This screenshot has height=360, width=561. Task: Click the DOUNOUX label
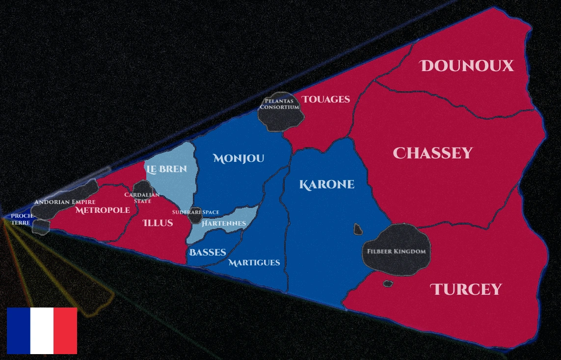point(467,66)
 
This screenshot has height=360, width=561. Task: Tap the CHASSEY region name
point(432,154)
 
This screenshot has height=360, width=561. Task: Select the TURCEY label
point(466,289)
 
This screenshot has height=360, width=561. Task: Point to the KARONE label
point(326,185)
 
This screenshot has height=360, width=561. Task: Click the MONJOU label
point(239,158)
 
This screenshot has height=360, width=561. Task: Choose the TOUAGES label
point(326,100)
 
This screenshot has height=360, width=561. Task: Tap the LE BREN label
point(166,169)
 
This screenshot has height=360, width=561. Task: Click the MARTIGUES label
point(254,263)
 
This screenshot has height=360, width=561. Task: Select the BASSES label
point(208,253)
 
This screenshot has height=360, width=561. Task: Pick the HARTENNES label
point(224,224)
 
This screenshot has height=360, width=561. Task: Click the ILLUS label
point(158,223)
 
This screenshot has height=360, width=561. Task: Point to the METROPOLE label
point(103,210)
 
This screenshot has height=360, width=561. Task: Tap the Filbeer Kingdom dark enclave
point(396,251)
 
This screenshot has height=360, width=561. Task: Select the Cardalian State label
point(142,198)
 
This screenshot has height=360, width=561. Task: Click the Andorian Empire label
point(64,202)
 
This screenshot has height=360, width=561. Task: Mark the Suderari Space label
point(195,212)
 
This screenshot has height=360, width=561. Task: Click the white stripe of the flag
point(42,331)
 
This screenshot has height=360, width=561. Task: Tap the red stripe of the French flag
point(65,331)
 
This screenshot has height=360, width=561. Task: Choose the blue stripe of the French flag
point(18,331)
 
